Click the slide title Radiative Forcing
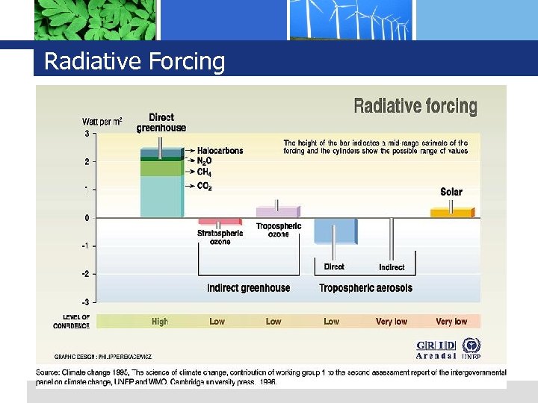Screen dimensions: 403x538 coord(134,61)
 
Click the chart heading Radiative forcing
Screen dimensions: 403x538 coord(415,106)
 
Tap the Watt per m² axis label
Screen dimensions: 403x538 coord(102,121)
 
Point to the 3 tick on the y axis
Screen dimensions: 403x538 coord(87,134)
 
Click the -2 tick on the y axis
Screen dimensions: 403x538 coord(86,274)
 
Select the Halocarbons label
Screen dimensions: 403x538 coord(220,151)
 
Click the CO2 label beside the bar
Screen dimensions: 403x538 coord(204,186)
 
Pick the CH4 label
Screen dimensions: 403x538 coord(204,172)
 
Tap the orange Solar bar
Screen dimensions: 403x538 coord(451,213)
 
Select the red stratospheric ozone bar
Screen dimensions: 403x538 coord(218,222)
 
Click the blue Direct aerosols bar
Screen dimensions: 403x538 coord(333,231)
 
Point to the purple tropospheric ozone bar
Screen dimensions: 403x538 coord(276,212)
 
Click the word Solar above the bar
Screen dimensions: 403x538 coord(451,192)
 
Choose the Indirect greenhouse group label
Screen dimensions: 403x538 coord(248,288)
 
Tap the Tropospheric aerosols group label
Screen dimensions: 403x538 coord(365,288)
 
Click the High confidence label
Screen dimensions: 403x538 coord(160,322)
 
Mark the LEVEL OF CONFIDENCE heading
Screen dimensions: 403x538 coord(72,322)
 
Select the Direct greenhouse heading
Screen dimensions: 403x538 coord(161,122)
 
